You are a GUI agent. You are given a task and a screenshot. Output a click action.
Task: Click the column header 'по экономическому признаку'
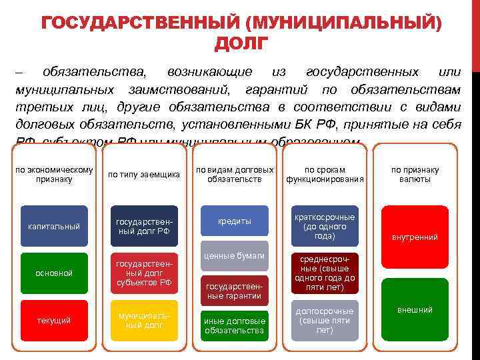tap(54, 175)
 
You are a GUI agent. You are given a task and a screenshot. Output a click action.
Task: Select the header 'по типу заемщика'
tap(144, 175)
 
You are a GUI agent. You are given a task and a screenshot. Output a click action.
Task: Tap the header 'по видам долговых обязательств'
tap(234, 175)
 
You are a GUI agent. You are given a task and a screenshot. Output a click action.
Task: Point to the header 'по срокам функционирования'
tap(325, 175)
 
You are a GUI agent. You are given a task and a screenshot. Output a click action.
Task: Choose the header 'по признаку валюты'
tap(415, 175)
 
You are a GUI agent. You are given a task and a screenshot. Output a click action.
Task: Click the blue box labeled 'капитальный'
tap(54, 227)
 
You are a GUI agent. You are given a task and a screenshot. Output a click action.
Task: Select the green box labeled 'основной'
tap(54, 273)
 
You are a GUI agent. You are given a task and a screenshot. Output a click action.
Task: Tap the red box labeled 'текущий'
tap(54, 321)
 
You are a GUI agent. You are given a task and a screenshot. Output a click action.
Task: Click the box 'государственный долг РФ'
tap(144, 227)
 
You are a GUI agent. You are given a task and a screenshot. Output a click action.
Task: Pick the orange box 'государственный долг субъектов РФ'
tap(144, 273)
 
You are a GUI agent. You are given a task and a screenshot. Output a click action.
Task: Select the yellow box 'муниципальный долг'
tap(144, 321)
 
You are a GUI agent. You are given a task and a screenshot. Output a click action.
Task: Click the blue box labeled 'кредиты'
tap(234, 221)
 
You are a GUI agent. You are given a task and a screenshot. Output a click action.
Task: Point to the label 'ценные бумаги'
tap(234, 256)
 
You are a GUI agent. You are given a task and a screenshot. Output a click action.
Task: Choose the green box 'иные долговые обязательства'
tap(234, 325)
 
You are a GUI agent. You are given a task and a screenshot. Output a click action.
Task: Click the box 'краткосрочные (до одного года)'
tap(325, 227)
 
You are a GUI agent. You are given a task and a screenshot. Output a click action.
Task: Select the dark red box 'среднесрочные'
tap(325, 273)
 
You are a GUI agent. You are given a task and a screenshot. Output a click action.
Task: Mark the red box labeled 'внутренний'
tap(415, 237)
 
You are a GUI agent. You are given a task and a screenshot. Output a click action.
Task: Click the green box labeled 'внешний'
tap(415, 310)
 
